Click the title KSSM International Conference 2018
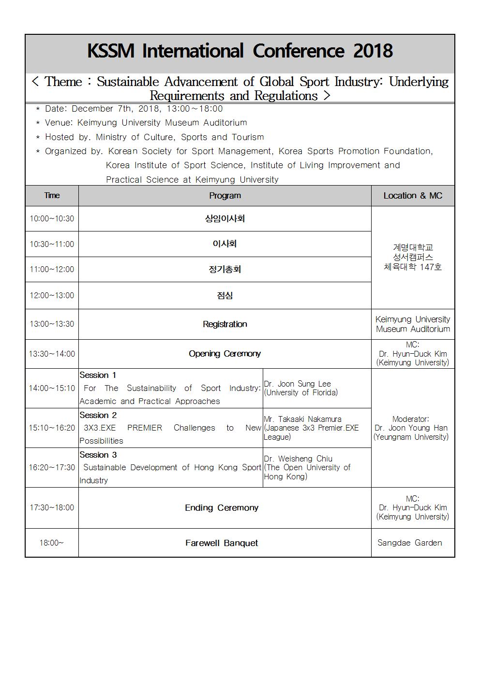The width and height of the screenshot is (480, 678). click(240, 51)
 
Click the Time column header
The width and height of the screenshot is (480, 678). click(52, 196)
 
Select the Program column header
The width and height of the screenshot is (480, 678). click(225, 196)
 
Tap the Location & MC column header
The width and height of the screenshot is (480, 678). click(413, 196)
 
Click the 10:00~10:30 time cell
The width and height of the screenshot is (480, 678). click(52, 218)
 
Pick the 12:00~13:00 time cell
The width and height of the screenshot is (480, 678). click(52, 295)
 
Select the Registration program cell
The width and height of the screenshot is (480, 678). click(225, 324)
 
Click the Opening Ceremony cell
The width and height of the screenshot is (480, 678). click(225, 354)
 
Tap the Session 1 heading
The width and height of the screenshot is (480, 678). click(98, 375)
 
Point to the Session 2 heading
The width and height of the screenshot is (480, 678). click(98, 415)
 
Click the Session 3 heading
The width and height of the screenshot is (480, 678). click(98, 455)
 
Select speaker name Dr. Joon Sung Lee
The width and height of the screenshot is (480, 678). click(297, 384)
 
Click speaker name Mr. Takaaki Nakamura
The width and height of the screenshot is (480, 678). click(302, 419)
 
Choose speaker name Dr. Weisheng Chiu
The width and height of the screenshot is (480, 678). click(298, 459)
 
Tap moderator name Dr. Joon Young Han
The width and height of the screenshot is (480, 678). click(411, 428)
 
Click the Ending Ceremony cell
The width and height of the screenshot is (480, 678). click(222, 508)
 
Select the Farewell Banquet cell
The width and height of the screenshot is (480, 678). click(222, 543)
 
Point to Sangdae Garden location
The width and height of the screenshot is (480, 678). click(409, 543)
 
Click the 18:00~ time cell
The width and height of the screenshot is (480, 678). click(52, 543)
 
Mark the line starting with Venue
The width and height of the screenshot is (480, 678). click(146, 123)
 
